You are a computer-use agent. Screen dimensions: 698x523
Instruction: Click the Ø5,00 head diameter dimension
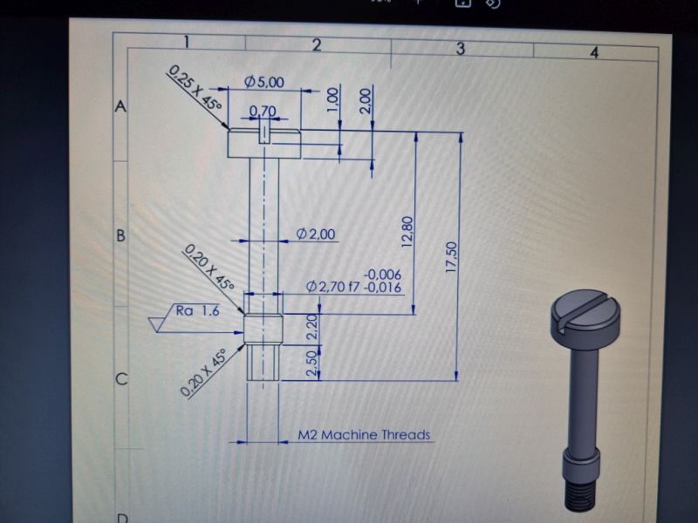(x=264, y=82)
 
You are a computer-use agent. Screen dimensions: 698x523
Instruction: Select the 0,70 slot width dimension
(x=263, y=111)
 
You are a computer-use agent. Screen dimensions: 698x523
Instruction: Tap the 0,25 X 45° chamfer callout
(x=195, y=89)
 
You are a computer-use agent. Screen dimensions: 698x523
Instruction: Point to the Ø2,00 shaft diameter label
(x=316, y=234)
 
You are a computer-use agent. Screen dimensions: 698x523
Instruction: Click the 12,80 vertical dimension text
(x=407, y=232)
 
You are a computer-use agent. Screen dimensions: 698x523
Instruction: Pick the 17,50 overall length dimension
(x=451, y=257)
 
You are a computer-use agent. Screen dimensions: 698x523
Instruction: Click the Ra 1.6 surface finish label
(x=198, y=310)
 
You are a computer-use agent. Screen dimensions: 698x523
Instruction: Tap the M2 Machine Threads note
(x=364, y=434)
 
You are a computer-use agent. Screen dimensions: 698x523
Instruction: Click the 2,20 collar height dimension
(x=313, y=327)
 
